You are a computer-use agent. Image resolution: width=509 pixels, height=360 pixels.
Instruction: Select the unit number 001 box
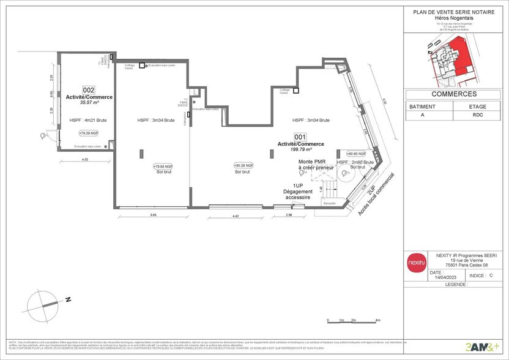(300, 137)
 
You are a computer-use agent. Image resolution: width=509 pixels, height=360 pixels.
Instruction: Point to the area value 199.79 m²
(300, 149)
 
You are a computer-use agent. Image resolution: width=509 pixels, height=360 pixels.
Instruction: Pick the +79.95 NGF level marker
(163, 166)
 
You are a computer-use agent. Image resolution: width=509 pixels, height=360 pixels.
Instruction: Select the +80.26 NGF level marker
(243, 165)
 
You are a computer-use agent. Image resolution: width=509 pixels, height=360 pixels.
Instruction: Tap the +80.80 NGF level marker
(355, 154)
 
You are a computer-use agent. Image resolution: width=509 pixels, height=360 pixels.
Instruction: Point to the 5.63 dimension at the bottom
(154, 214)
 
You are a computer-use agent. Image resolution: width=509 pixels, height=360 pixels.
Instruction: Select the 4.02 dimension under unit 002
(85, 160)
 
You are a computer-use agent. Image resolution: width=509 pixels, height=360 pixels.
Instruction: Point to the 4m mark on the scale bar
(378, 320)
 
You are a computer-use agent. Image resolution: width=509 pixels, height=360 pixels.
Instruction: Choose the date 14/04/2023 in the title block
(438, 277)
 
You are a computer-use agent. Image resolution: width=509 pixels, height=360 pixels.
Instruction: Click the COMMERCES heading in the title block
(454, 94)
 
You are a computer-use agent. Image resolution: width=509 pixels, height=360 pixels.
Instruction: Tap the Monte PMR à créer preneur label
(316, 164)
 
